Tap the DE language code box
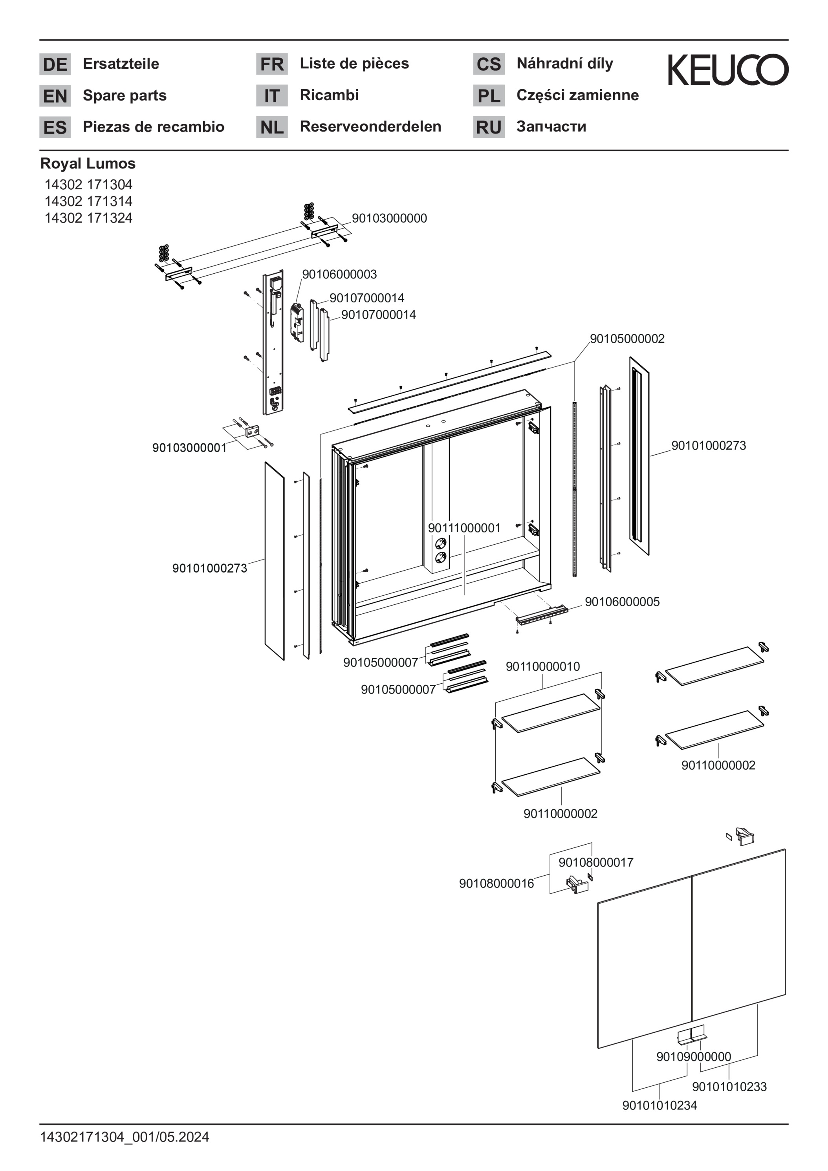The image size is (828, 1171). (55, 64)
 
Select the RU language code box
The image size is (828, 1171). (489, 127)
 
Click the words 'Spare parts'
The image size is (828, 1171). (125, 95)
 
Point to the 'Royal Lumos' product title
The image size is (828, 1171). (88, 164)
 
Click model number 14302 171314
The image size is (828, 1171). (88, 201)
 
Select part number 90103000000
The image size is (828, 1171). (389, 218)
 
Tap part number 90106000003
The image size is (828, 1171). (339, 274)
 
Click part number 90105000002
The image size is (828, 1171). (627, 338)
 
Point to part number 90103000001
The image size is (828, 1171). (189, 448)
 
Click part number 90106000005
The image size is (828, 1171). (622, 602)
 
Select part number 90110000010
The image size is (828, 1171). (543, 667)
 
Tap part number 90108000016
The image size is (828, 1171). (496, 883)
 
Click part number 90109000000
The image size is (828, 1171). (693, 1057)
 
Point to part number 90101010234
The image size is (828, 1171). (659, 1105)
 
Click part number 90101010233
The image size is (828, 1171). (729, 1087)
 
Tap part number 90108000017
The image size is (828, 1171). (596, 862)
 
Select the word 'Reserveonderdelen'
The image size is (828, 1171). (370, 126)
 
